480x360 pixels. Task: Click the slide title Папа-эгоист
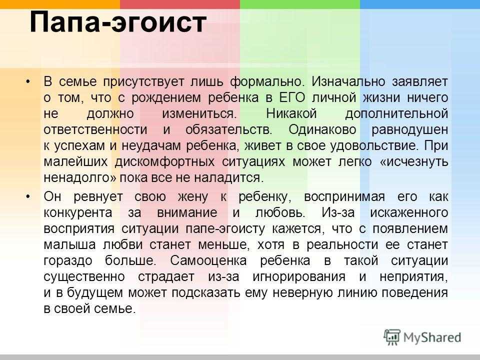[118, 22]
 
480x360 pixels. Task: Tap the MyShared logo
[422, 337]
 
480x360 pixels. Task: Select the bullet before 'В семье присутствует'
[28, 81]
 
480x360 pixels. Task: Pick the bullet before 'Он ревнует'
[28, 196]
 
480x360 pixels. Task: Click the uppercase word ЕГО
[292, 97]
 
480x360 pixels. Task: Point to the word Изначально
[348, 81]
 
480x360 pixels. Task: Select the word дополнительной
[396, 114]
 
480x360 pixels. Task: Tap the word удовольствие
[374, 145]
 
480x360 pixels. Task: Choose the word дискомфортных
[164, 161]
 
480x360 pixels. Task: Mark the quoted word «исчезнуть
[414, 161]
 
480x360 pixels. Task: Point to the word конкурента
[78, 213]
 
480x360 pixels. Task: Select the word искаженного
[409, 213]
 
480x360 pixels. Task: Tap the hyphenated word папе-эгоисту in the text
[225, 228]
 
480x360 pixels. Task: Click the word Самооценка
[208, 260]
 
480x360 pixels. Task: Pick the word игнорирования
[299, 276]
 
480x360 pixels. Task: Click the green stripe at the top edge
[300, 4]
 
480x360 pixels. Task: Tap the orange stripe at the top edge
[60, 4]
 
